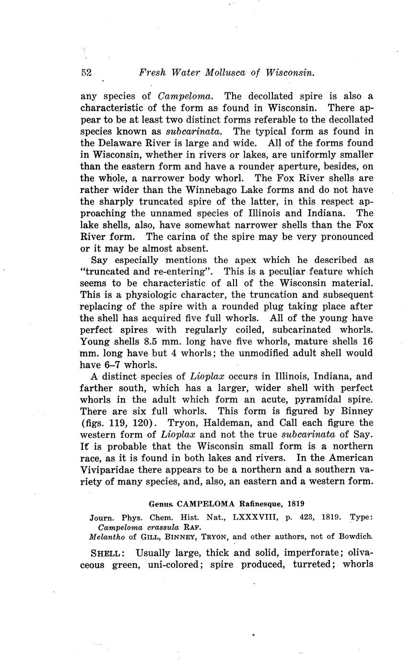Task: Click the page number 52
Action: point(86,73)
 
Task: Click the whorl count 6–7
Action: point(109,365)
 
